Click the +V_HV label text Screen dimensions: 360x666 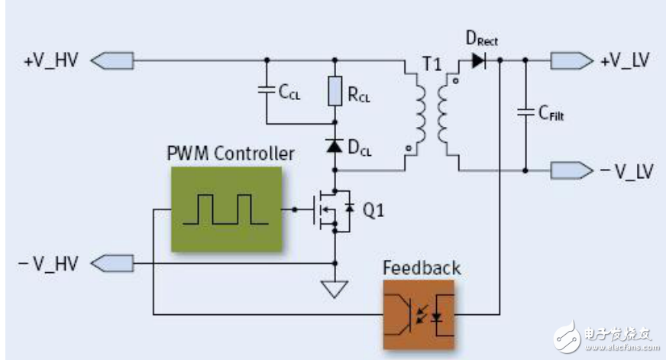point(50,59)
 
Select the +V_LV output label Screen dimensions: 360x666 point(625,60)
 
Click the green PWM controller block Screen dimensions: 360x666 point(225,209)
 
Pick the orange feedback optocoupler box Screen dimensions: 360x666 point(418,313)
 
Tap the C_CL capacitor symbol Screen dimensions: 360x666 point(267,90)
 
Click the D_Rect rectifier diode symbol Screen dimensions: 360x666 point(479,60)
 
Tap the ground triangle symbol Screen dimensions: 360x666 point(334,288)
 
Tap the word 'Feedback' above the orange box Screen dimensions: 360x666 point(422,268)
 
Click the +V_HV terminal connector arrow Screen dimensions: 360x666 point(115,59)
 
